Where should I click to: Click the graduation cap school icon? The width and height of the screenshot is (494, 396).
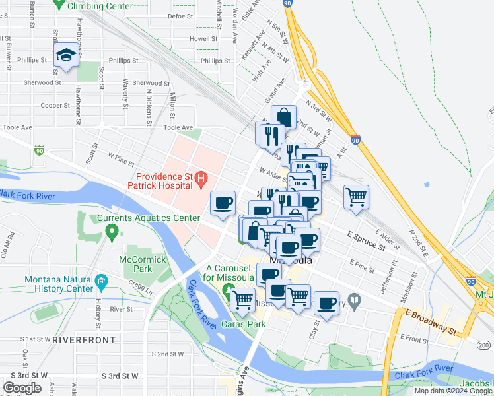click(x=66, y=56)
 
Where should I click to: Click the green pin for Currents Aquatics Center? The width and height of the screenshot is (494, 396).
click(x=112, y=232)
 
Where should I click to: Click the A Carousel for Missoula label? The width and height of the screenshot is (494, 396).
click(x=230, y=273)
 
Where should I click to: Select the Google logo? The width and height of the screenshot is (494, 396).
click(x=22, y=388)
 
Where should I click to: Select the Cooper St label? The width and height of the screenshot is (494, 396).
click(x=55, y=105)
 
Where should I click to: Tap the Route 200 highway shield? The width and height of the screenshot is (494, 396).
click(x=484, y=345)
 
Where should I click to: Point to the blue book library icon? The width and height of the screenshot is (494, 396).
click(x=355, y=302)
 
